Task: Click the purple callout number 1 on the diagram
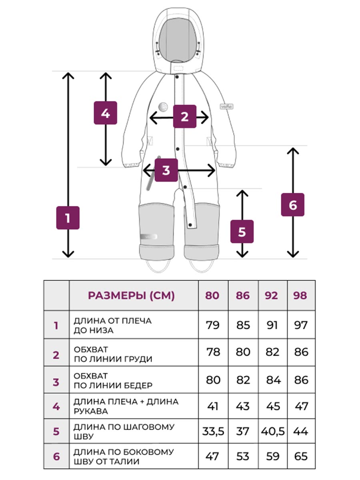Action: tap(68, 218)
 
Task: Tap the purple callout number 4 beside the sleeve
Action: tap(105, 113)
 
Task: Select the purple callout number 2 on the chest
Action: tap(184, 116)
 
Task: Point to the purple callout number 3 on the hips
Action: tap(166, 170)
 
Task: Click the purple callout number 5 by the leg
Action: tap(242, 231)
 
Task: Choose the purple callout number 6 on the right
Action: tap(292, 205)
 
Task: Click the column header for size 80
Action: tap(212, 296)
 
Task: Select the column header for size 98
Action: tap(300, 296)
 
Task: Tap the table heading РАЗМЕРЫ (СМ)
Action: tap(131, 296)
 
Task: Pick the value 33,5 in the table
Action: tap(213, 432)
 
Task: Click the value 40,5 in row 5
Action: tap(272, 432)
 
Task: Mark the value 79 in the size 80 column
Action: tap(213, 325)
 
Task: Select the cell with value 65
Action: tap(300, 456)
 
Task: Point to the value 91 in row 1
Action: tap(272, 325)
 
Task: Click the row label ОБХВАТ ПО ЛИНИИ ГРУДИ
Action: tap(113, 354)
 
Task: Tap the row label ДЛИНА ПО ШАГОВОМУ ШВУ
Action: tap(124, 432)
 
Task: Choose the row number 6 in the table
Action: tap(56, 456)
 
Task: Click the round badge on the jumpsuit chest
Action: tap(163, 107)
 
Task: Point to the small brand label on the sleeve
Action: tap(227, 107)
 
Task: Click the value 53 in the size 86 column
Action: tap(243, 456)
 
